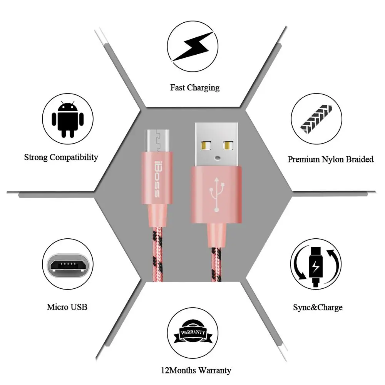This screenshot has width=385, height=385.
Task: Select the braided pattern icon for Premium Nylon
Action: tap(315, 118)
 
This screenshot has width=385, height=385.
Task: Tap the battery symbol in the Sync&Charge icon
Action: tap(315, 267)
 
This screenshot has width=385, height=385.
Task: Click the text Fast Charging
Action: tap(195, 87)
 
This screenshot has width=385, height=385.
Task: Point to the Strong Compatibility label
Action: tap(61, 157)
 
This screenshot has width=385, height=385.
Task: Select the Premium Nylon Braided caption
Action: tap(330, 159)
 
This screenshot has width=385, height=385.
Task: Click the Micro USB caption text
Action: tap(67, 307)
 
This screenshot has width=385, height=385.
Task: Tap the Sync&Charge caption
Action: tap(318, 307)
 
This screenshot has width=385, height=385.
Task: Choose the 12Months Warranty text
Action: tap(196, 370)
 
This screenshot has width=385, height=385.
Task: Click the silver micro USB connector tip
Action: tap(157, 140)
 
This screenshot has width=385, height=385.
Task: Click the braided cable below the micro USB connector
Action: tap(158, 254)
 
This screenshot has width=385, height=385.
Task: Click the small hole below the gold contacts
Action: tap(217, 157)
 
